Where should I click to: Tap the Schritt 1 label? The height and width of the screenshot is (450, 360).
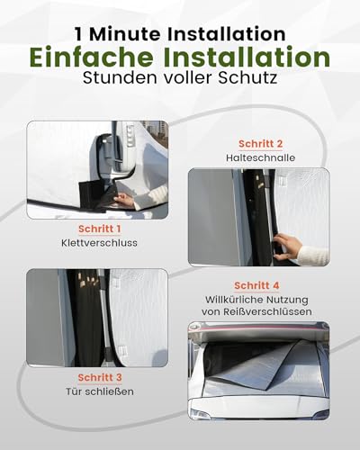click(98, 229)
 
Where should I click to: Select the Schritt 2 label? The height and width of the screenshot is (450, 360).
click(261, 142)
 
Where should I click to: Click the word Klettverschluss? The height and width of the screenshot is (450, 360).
click(98, 244)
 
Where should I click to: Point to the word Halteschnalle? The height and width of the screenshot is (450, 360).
click(261, 157)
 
